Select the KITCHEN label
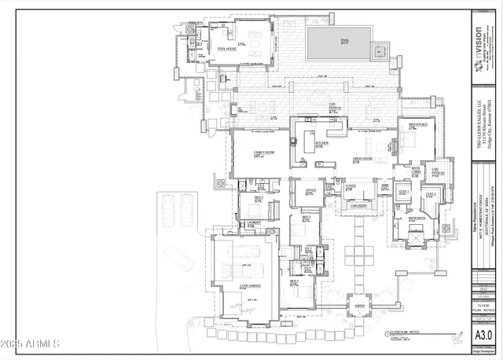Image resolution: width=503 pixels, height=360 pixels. click(299, 144)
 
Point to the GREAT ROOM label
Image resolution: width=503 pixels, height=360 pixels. click(362, 159)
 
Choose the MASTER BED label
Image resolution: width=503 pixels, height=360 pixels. click(417, 125)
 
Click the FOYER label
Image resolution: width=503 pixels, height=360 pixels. click(350, 187)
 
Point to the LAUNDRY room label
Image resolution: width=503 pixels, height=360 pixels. click(253, 223)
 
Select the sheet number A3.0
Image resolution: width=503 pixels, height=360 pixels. click(483, 336)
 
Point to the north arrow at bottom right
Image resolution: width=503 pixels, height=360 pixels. click(456, 339)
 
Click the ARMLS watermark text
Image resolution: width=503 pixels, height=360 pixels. click(31, 343)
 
